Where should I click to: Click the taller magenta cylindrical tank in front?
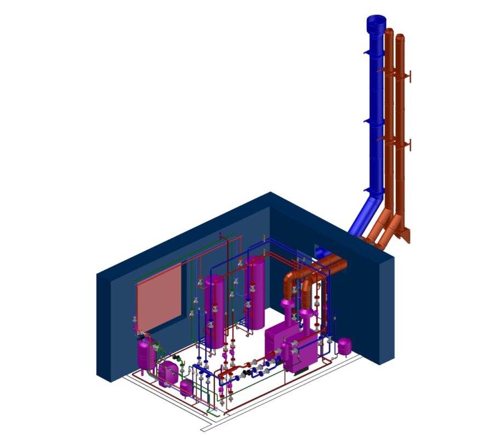tap(214, 310)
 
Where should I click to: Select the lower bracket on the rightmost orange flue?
tap(408, 145)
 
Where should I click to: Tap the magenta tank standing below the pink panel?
tap(145, 354)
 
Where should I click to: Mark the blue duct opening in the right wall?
tap(321, 254)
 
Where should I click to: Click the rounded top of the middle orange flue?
tap(389, 32)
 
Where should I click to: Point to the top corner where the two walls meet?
tap(271, 193)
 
